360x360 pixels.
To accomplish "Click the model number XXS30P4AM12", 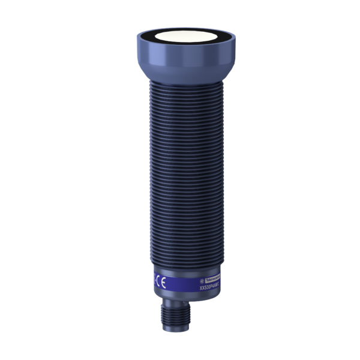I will tap(209, 286).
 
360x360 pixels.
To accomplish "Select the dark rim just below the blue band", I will tap(182, 296).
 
